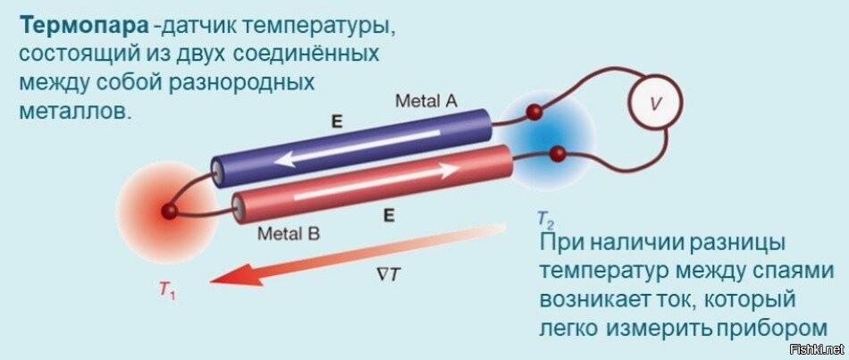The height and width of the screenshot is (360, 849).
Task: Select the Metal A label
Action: [426, 101]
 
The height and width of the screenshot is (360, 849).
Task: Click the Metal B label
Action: [289, 235]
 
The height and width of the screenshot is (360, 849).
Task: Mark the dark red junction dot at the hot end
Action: [167, 213]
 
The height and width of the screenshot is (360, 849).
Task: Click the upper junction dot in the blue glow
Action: [534, 113]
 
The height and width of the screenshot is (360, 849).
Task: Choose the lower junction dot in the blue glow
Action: [558, 154]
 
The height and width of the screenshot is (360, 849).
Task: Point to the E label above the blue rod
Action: [337, 121]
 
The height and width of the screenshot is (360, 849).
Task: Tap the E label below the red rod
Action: [388, 215]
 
